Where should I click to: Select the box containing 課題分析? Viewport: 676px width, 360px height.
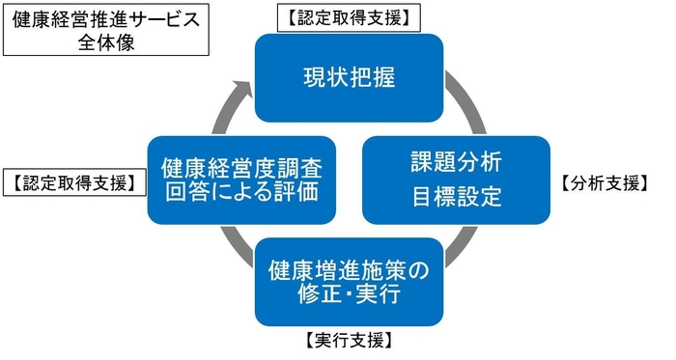[456, 179]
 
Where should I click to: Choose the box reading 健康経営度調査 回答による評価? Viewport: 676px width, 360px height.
[241, 179]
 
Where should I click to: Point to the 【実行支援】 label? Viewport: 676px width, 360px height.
[348, 340]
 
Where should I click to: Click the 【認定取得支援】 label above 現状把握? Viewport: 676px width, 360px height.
[349, 16]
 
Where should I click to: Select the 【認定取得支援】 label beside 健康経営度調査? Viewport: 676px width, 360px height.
[73, 183]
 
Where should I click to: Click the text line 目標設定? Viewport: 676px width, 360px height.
[456, 198]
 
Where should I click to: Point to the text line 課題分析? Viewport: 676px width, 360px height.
[456, 159]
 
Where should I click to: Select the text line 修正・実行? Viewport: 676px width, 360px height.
[349, 293]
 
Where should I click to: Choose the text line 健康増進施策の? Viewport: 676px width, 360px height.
[349, 267]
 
